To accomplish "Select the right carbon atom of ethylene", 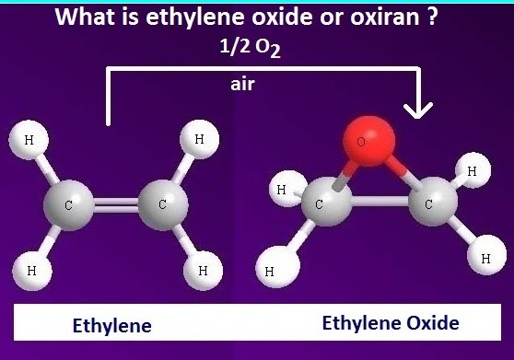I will coord(161,205).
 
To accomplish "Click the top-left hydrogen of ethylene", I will coord(28,141).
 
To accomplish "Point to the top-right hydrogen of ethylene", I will coord(199,141).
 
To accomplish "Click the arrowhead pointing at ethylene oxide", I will coord(419,109).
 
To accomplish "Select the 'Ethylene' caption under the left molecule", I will coord(111,326).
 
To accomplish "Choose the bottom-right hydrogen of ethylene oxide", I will coord(485,259).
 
